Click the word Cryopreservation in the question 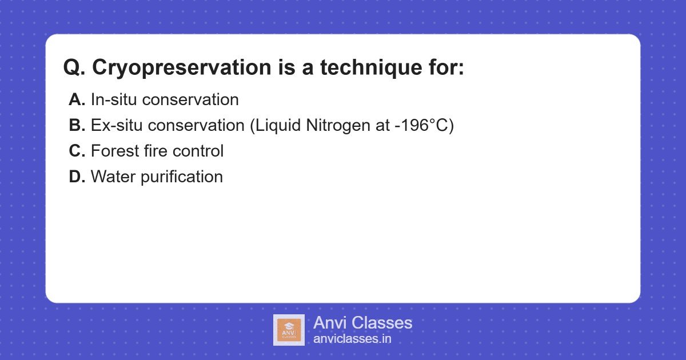(181, 68)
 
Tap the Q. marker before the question (75, 68)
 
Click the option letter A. (77, 99)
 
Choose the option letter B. (77, 125)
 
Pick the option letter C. (77, 151)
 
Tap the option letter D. (77, 177)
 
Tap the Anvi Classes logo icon (289, 330)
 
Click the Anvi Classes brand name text (362, 323)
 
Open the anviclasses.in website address (352, 338)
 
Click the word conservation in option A (190, 99)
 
